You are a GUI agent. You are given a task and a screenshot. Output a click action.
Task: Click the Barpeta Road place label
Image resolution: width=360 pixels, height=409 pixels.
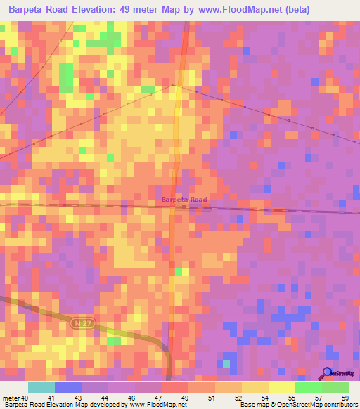(184, 200)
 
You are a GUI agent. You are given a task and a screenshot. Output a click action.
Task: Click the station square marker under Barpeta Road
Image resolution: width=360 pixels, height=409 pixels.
(184, 207)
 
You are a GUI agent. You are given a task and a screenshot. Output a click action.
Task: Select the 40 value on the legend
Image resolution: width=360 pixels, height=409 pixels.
(25, 398)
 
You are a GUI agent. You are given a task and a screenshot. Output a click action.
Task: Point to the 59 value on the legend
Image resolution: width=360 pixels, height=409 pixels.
(345, 398)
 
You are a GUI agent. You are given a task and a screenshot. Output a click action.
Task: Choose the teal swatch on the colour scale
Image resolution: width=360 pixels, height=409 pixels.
(41, 387)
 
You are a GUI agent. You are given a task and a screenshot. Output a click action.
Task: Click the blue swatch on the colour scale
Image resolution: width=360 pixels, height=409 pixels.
(68, 387)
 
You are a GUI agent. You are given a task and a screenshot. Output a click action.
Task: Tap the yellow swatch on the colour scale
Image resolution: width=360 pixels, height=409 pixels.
(281, 387)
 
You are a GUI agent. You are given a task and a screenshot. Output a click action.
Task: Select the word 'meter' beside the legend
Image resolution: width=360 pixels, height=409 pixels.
(11, 398)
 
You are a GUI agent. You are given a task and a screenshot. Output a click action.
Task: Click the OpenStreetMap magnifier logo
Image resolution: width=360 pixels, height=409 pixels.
(327, 374)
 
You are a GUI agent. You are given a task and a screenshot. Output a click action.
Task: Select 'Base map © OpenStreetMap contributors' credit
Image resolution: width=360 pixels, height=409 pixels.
(298, 405)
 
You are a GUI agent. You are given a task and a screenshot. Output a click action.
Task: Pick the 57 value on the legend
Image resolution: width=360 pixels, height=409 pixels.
(318, 398)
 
